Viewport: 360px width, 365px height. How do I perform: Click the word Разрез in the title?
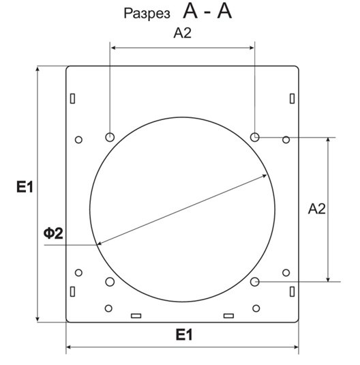(x=147, y=14)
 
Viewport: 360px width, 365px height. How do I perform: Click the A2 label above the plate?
(x=183, y=33)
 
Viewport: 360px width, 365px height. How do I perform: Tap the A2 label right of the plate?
(x=317, y=209)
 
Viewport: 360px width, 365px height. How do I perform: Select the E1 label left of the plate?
(x=25, y=187)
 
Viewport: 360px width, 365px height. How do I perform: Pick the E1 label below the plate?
(x=184, y=335)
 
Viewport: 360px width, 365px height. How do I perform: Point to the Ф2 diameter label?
(x=53, y=233)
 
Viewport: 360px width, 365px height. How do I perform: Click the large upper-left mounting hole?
(x=110, y=137)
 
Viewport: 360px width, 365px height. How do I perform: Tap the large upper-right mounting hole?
(x=255, y=137)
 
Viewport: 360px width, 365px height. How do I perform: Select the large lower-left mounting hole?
(x=110, y=282)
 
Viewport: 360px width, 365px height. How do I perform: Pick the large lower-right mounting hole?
(x=255, y=282)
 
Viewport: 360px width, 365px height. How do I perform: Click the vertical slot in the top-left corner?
(x=72, y=98)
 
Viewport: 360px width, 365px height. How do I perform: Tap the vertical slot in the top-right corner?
(x=292, y=98)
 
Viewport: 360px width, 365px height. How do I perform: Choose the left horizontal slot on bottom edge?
(x=136, y=316)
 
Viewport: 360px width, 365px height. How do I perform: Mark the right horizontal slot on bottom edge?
(x=229, y=316)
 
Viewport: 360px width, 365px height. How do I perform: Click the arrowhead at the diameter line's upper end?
(x=265, y=176)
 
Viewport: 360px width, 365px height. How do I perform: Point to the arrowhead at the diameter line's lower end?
(x=100, y=243)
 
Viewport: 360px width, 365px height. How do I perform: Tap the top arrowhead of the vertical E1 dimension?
(x=37, y=68)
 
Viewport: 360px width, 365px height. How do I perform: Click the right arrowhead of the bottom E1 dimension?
(x=296, y=347)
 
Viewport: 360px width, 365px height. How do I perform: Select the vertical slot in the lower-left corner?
(x=72, y=291)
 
